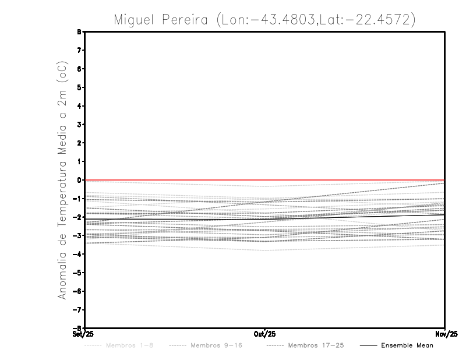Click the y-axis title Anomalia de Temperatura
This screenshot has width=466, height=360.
tap(62, 189)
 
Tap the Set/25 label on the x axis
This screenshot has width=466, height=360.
tap(84, 334)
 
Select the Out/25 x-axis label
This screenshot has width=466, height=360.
tap(264, 334)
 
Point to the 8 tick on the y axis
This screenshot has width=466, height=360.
tap(79, 32)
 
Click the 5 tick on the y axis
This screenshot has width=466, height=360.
tap(79, 87)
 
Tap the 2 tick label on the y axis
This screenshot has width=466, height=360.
tap(79, 143)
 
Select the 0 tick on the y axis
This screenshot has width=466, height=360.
tap(79, 180)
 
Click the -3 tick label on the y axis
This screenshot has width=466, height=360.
tap(77, 235)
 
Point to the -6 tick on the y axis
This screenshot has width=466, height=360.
tap(77, 291)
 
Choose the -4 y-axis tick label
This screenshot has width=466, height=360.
tap(77, 254)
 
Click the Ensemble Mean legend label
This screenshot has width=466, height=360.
tap(407, 345)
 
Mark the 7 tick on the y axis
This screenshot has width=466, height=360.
tap(79, 51)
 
